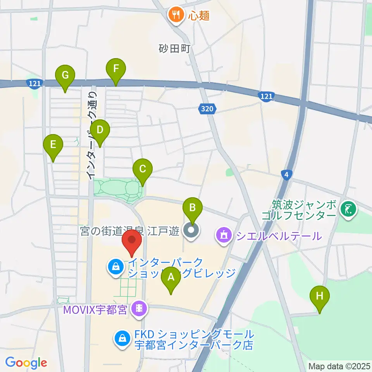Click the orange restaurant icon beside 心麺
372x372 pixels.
click(x=176, y=15)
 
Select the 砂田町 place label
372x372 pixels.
click(x=175, y=48)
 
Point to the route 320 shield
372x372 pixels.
click(x=207, y=110)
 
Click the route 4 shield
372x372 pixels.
click(x=286, y=175)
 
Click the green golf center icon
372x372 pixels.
click(x=347, y=210)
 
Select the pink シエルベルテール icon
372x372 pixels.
click(x=224, y=235)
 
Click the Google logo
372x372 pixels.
click(x=26, y=363)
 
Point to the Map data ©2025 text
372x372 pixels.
click(x=339, y=366)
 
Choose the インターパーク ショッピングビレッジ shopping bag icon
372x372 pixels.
click(x=115, y=266)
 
